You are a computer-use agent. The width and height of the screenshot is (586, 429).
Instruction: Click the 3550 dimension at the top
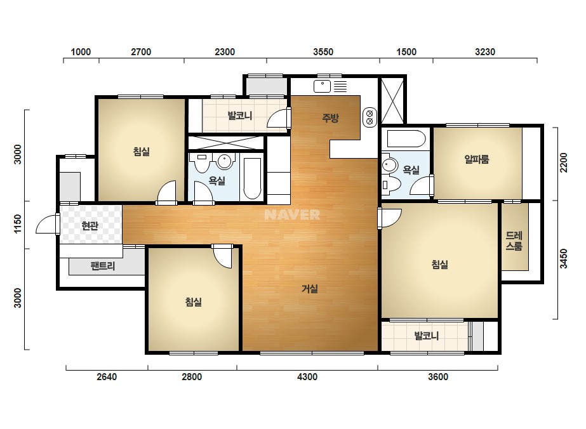point(323,51)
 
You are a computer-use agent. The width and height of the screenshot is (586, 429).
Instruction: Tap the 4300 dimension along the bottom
point(307,377)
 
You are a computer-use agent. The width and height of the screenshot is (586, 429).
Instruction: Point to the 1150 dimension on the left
point(18,224)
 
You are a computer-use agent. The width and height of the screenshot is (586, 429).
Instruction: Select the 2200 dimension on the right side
point(564,162)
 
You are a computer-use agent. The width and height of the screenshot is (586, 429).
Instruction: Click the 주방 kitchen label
point(330,118)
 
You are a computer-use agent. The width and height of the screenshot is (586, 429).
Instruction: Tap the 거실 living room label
point(310,289)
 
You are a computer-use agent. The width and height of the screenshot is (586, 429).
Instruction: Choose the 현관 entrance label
point(90,226)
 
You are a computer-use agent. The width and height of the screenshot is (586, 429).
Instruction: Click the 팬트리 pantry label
point(103,266)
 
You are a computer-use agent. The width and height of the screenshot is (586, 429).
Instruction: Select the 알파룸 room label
point(477,159)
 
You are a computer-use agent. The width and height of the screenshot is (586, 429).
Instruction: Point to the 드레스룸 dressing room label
point(514,241)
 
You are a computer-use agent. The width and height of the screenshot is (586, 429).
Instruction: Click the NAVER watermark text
point(292,214)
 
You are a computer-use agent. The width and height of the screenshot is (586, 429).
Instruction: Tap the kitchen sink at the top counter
point(322,86)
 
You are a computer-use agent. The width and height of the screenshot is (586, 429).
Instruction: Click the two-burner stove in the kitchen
point(370,117)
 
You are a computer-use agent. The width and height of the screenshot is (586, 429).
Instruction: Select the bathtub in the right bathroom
point(406,138)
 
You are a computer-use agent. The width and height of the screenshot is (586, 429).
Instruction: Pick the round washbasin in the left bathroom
point(225,161)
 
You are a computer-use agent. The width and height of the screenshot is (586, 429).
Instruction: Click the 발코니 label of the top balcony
point(240,115)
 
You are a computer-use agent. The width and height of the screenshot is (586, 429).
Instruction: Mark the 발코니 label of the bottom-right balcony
point(427,336)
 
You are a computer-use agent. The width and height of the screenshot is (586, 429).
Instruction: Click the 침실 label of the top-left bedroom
point(142,151)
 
